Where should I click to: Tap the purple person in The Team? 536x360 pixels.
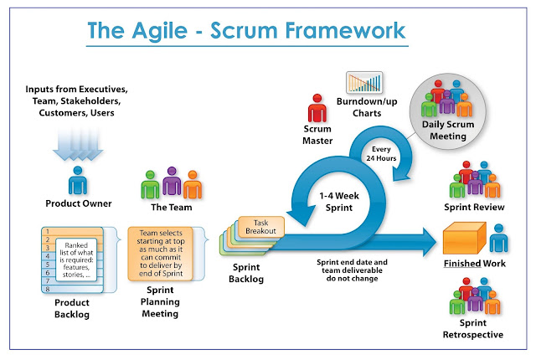pos(171,183)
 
